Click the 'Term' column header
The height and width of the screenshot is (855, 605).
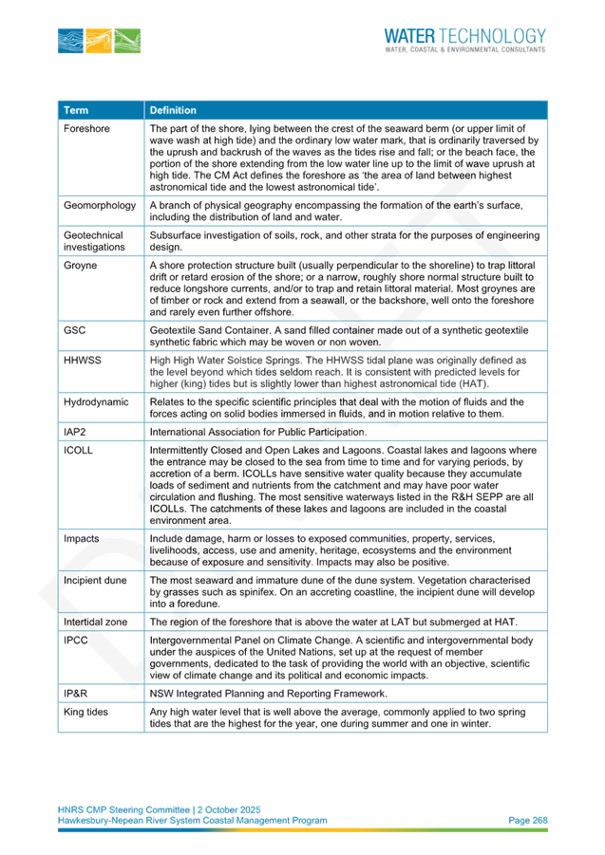tap(76, 110)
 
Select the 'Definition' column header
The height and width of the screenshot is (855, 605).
tap(173, 110)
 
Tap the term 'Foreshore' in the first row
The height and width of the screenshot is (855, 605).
tap(86, 129)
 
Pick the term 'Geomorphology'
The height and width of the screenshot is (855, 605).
tap(100, 206)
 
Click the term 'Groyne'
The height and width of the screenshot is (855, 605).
tap(80, 266)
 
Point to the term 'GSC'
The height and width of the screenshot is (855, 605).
tap(75, 330)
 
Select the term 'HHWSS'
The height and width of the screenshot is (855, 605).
tap(83, 361)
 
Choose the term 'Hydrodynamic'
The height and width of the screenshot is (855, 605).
tap(96, 402)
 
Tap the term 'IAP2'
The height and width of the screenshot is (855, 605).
tap(75, 432)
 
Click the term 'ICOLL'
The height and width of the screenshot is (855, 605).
tap(78, 451)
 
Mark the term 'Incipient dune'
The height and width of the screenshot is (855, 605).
tap(95, 581)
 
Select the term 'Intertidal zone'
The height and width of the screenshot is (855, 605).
tap(96, 623)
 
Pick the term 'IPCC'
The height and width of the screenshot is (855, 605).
tap(75, 641)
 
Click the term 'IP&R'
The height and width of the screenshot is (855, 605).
tap(75, 694)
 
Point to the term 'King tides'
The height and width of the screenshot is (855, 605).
tap(85, 712)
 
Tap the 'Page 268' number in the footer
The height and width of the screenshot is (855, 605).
tap(527, 820)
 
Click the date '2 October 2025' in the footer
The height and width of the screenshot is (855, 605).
tap(229, 809)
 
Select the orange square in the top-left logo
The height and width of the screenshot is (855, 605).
tap(99, 41)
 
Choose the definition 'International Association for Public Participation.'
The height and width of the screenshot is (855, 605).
tap(258, 432)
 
